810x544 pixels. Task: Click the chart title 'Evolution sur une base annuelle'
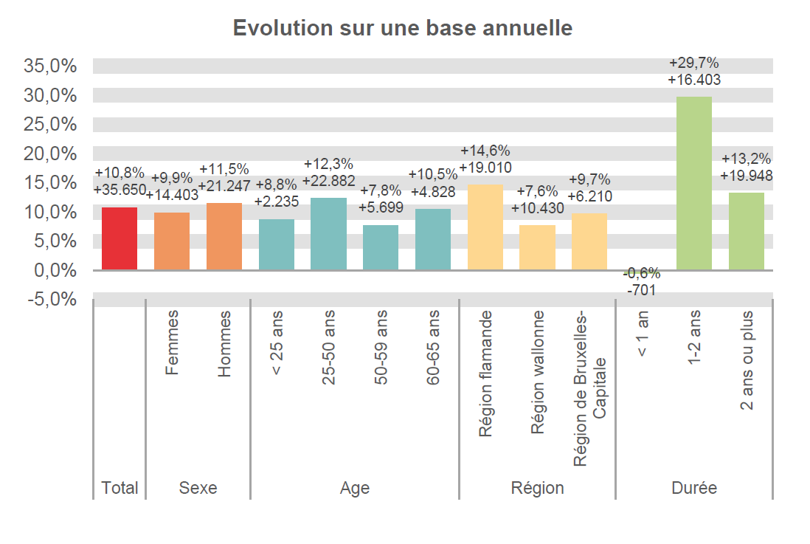pos(403,28)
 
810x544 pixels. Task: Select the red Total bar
pos(120,239)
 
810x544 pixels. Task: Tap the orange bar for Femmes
pos(172,241)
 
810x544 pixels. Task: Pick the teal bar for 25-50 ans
pos(329,234)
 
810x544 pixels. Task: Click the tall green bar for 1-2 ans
pos(694,183)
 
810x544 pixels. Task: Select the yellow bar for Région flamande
pos(485,227)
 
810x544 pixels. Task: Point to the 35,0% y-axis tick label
pos(51,66)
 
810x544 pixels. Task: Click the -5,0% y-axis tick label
pos(51,300)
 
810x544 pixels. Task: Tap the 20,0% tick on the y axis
pos(51,154)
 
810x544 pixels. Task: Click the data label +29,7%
pos(693,63)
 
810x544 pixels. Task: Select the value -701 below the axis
pos(641,291)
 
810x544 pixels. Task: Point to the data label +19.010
pos(485,168)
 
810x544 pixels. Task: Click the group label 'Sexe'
pos(198,488)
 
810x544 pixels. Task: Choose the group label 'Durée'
pos(694,488)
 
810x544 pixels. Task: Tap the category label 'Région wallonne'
pos(538,373)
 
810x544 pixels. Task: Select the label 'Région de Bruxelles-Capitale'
pos(589,388)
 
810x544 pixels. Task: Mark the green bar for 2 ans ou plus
pos(747,231)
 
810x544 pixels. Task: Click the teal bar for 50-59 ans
pos(381,247)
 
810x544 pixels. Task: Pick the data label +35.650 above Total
pos(120,189)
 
